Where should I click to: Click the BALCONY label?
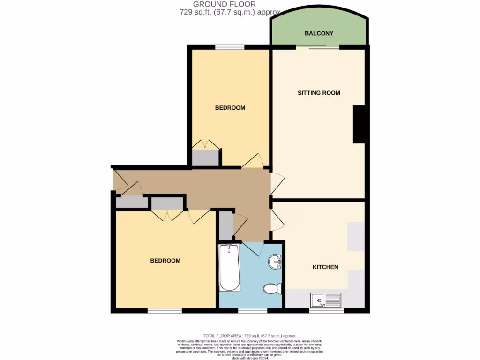click(319, 33)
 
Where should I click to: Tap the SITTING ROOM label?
click(319, 93)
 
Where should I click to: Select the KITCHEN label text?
click(325, 267)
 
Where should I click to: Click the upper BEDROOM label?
click(230, 108)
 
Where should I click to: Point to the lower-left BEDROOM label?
click(165, 261)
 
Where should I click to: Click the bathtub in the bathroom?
click(230, 268)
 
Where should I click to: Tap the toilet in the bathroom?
click(272, 288)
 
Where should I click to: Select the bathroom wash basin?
click(275, 262)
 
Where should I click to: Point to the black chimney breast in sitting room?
click(359, 124)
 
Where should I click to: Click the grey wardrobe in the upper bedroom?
click(205, 157)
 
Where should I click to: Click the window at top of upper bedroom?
click(230, 47)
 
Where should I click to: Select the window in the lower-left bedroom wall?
click(165, 311)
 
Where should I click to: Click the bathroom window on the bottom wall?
click(253, 311)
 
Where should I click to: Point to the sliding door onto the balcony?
click(317, 47)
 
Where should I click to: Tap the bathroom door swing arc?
click(254, 248)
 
